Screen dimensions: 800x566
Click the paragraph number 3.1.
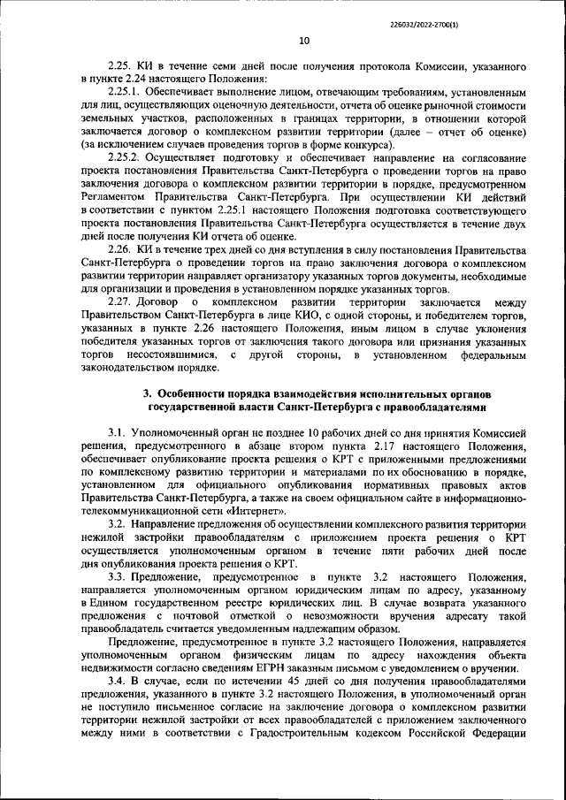pyautogui.click(x=117, y=436)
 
